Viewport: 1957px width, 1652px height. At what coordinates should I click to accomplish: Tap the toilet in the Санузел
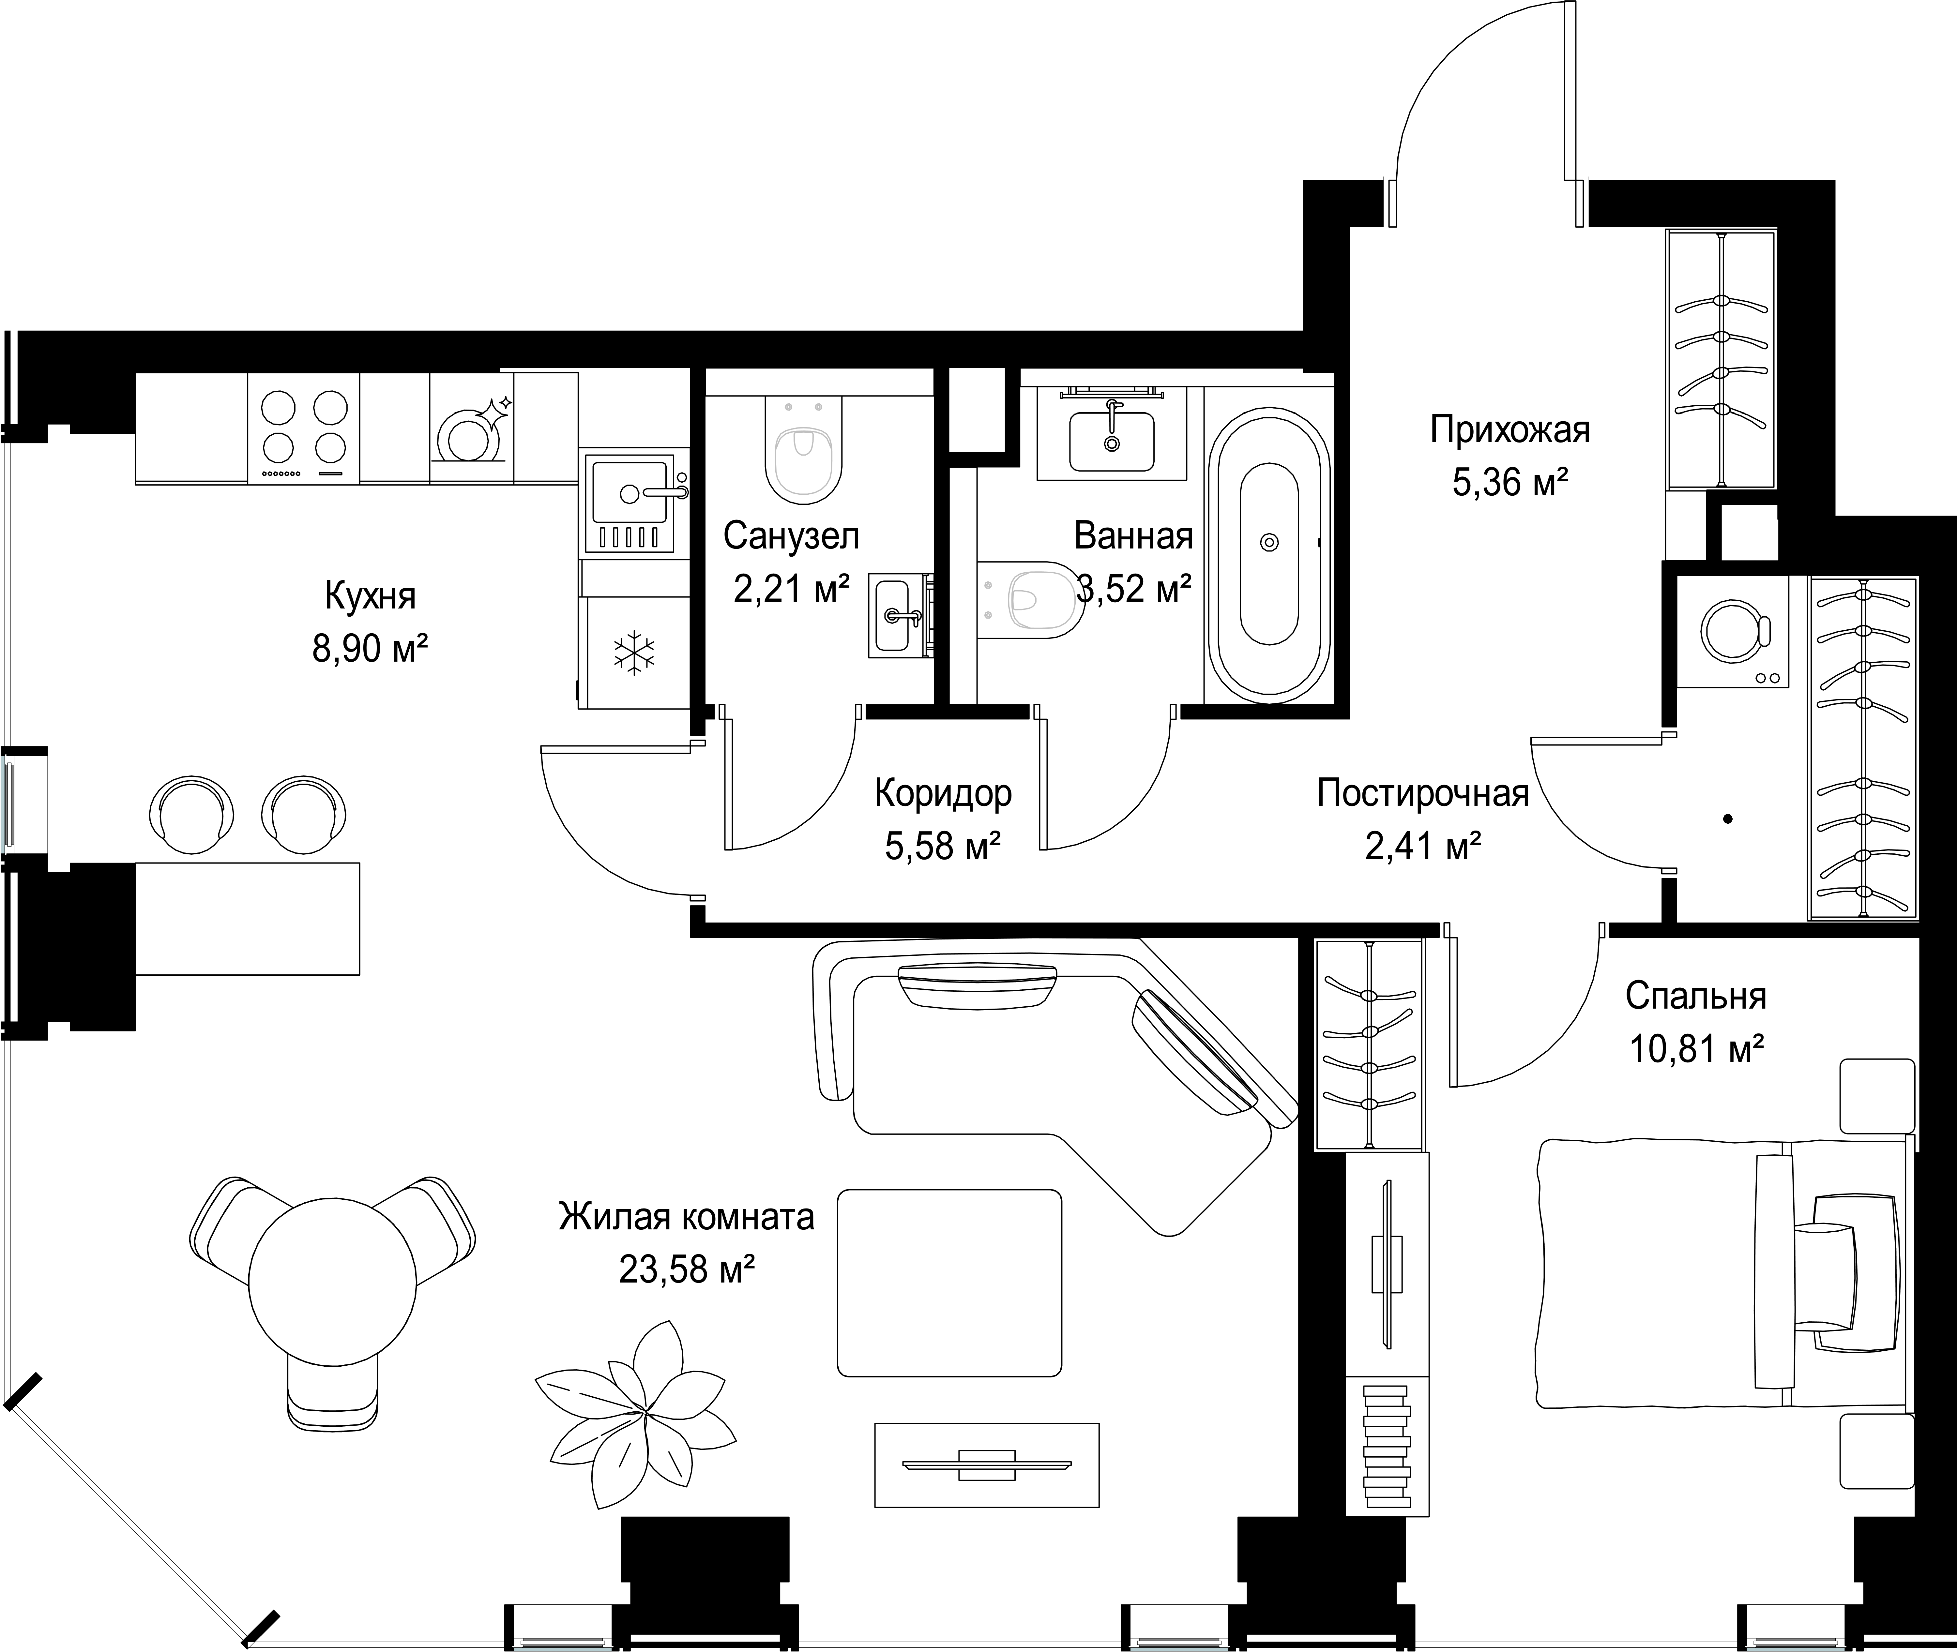tap(803, 450)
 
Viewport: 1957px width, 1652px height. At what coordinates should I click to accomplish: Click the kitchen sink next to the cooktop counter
tap(630, 504)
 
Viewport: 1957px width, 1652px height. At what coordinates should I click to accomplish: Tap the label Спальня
tap(1696, 996)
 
